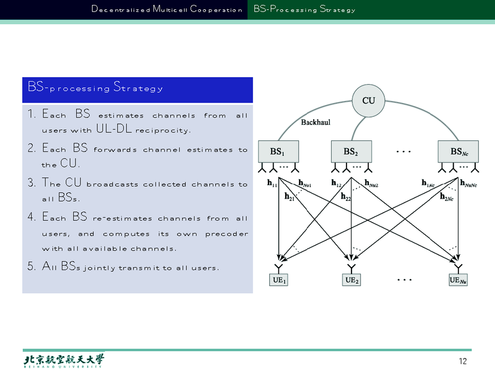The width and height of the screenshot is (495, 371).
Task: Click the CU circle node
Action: click(368, 100)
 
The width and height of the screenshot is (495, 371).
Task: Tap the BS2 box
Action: click(351, 151)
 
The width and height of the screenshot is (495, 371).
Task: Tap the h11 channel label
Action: click(272, 183)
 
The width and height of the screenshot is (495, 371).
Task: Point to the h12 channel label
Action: click(337, 183)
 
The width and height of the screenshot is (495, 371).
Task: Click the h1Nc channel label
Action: click(428, 183)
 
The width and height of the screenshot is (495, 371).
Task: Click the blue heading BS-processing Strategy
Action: click(95, 88)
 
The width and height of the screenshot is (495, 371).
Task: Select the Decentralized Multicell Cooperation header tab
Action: click(166, 9)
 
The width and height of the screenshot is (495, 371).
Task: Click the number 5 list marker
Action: click(32, 268)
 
